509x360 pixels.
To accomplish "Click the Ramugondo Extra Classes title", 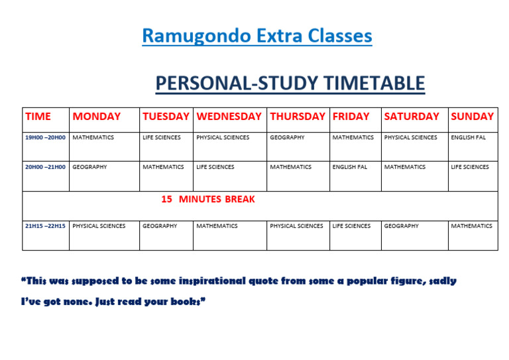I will pyautogui.click(x=256, y=35).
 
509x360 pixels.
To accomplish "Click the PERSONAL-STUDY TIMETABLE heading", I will pyautogui.click(x=290, y=84).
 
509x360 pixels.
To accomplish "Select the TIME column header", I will pyautogui.click(x=38, y=117).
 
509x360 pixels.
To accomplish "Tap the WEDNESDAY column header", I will pyautogui.click(x=229, y=117).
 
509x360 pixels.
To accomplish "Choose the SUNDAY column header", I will pyautogui.click(x=472, y=117).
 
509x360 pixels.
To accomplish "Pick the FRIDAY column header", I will pyautogui.click(x=351, y=117).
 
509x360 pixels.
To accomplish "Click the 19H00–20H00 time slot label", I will pyautogui.click(x=45, y=138).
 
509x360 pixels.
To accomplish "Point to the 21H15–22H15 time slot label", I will pyautogui.click(x=45, y=226).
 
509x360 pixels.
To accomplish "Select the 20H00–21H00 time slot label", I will pyautogui.click(x=45, y=167).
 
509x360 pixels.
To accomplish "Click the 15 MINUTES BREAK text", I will pyautogui.click(x=207, y=199).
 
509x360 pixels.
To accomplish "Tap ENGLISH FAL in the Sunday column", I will pyautogui.click(x=469, y=138).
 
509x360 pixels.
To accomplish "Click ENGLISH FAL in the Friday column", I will pyautogui.click(x=349, y=167).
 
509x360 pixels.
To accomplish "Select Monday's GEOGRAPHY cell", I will pyautogui.click(x=89, y=167).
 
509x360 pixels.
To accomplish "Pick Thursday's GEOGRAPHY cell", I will pyautogui.click(x=287, y=138).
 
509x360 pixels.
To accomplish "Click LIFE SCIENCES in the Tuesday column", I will pyautogui.click(x=161, y=138).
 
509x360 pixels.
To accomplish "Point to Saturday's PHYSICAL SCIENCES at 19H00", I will pyautogui.click(x=410, y=138).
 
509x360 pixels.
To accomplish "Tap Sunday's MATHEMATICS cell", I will pyautogui.click(x=471, y=226).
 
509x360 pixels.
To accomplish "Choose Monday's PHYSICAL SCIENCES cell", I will pyautogui.click(x=99, y=226).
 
